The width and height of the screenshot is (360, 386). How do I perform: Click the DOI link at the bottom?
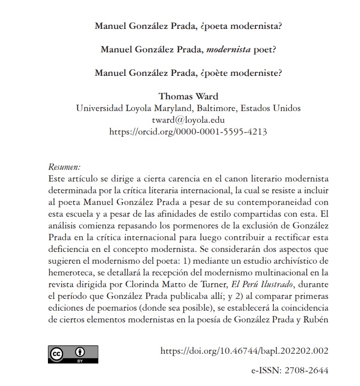tap(244, 351)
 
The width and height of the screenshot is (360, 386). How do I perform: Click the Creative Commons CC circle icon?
tap(57, 353)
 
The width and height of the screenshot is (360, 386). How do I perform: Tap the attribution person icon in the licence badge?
tap(79, 352)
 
